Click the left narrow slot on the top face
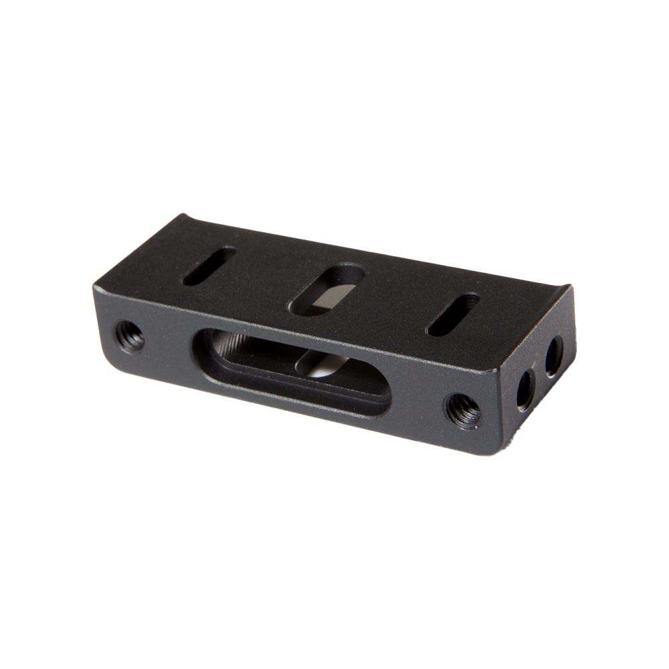pos(209,266)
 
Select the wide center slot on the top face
pos(326,290)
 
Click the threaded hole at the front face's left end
pos(129,337)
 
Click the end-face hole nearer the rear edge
pos(554,357)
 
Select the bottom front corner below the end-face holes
pos(496,450)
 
